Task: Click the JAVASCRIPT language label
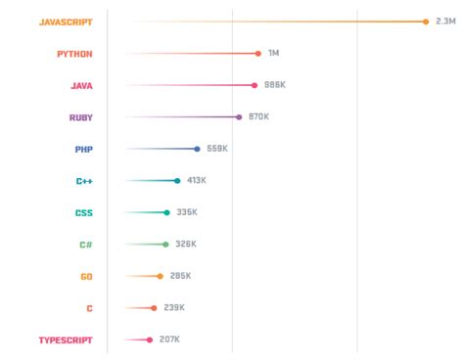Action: point(66,22)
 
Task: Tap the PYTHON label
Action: point(74,54)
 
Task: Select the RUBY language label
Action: point(80,117)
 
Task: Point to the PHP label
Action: point(83,150)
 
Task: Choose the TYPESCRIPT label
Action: point(66,340)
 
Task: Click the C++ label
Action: point(84,181)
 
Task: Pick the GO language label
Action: point(86,277)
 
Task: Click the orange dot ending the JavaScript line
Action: point(426,22)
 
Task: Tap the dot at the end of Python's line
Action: point(258,54)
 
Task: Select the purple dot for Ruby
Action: point(239,117)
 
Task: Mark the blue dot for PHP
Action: point(197,150)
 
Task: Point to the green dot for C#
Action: point(165,245)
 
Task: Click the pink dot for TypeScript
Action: point(150,340)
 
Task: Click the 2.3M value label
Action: point(445,22)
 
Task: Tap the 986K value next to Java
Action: point(275,85)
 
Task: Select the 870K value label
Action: point(258,116)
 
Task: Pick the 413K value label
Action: point(197,180)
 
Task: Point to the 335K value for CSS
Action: point(187,212)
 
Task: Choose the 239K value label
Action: point(173,307)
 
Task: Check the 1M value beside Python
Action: point(273,53)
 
